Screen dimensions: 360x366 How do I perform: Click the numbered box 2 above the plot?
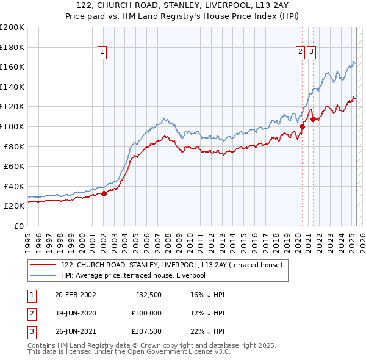(x=301, y=52)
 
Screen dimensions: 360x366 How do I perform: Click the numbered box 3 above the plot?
(x=311, y=52)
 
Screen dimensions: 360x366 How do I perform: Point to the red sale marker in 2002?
(x=104, y=193)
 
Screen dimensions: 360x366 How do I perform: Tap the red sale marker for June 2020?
(x=302, y=126)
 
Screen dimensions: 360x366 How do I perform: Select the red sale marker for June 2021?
(x=312, y=119)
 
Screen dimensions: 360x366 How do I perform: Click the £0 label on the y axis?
(x=18, y=226)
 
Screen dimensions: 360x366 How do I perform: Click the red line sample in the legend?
(x=43, y=265)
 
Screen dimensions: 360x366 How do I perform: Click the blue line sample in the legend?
(x=43, y=275)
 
